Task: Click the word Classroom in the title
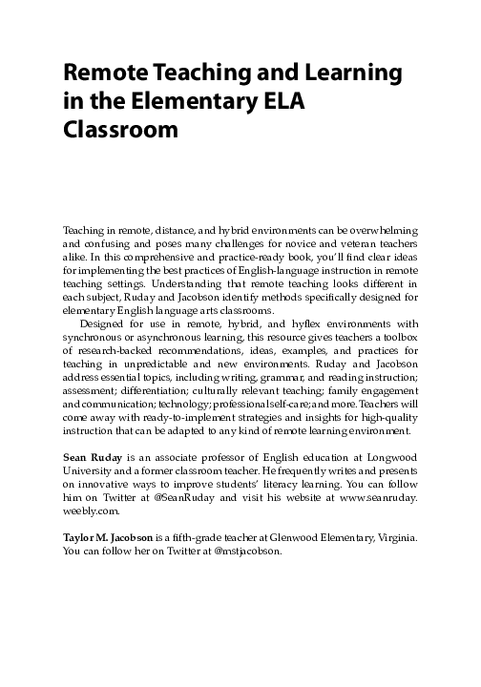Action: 119,130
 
